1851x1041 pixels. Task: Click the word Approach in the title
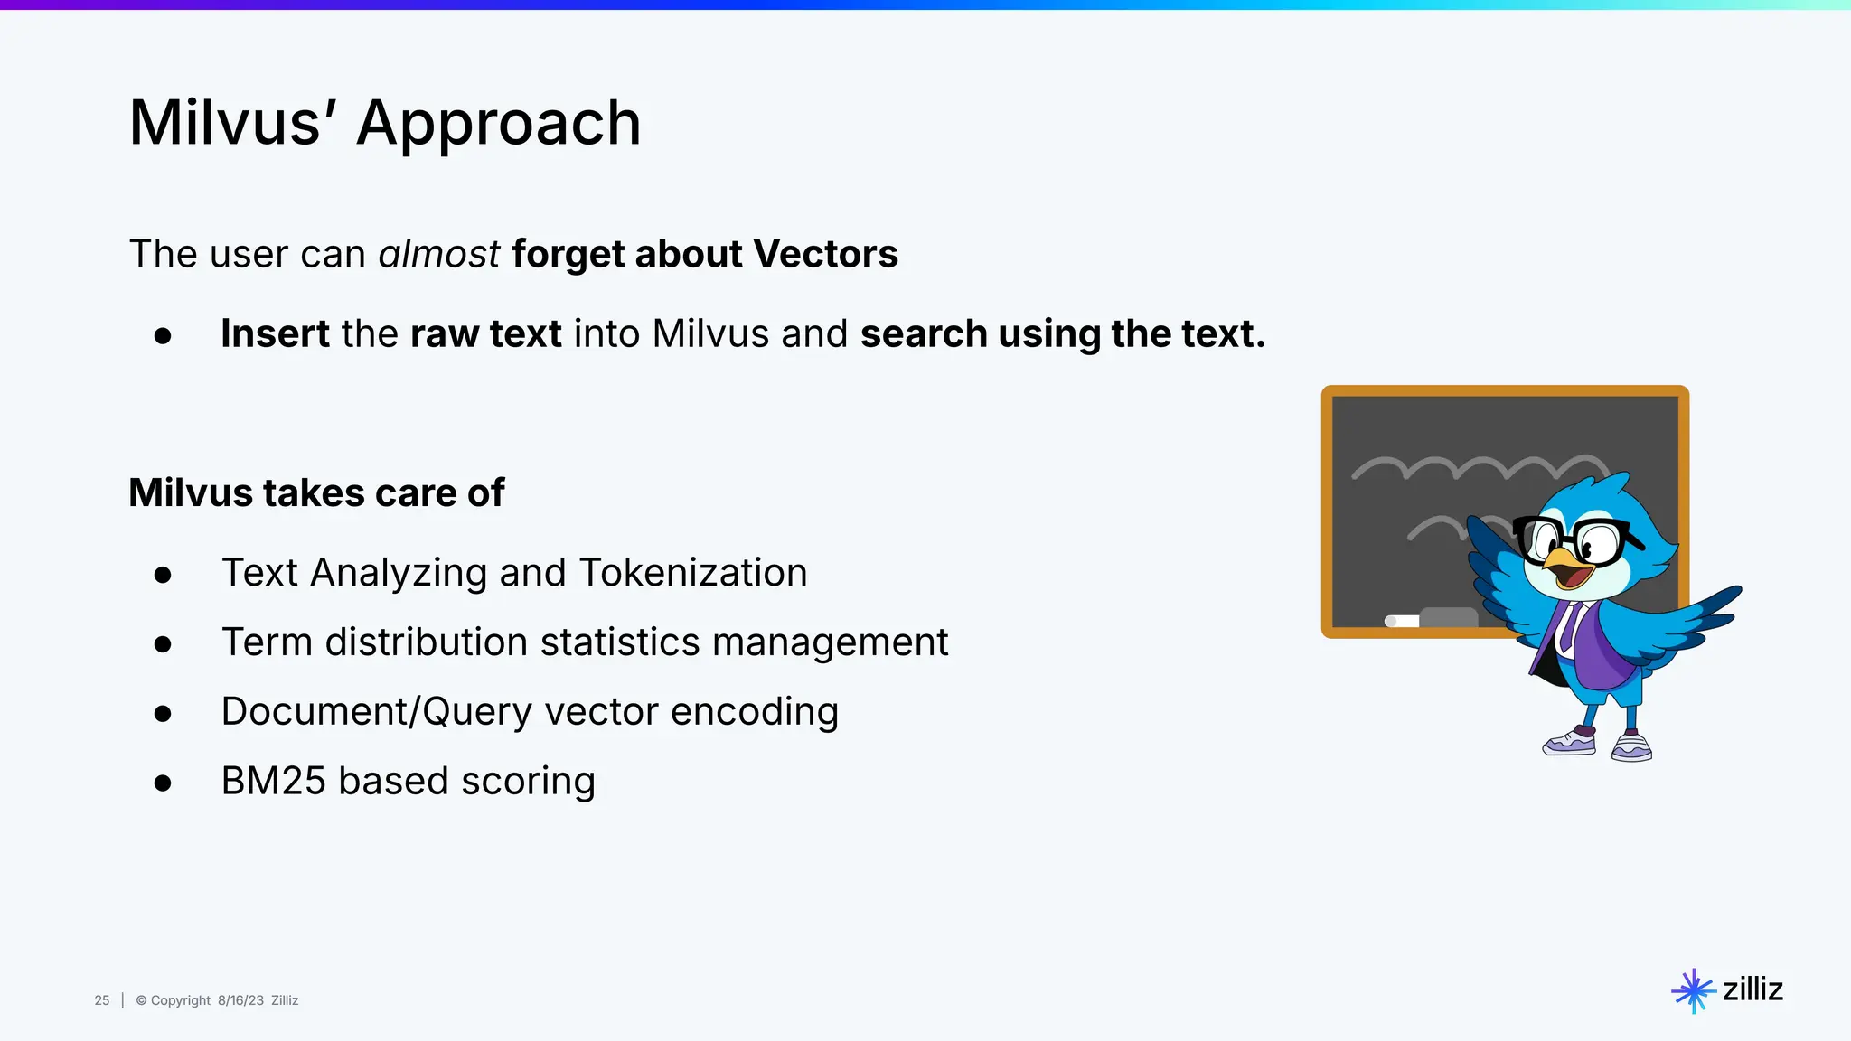point(498,124)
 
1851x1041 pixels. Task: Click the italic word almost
point(438,254)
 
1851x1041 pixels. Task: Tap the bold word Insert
point(275,333)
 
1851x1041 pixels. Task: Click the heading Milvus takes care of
point(316,492)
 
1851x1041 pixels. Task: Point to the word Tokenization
point(692,573)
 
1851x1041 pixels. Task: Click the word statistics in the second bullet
point(620,642)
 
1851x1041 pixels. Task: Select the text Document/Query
point(376,712)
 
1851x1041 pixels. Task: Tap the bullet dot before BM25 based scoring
point(163,783)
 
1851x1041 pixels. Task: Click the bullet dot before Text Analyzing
point(163,575)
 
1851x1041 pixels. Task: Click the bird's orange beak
point(1566,566)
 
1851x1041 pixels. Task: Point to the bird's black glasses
point(1577,539)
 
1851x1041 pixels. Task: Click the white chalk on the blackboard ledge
point(1401,621)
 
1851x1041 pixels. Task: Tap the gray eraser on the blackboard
point(1448,617)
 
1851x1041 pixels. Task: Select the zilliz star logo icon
point(1693,991)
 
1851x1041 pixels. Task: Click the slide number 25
point(102,1000)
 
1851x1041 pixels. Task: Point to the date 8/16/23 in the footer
point(240,1000)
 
